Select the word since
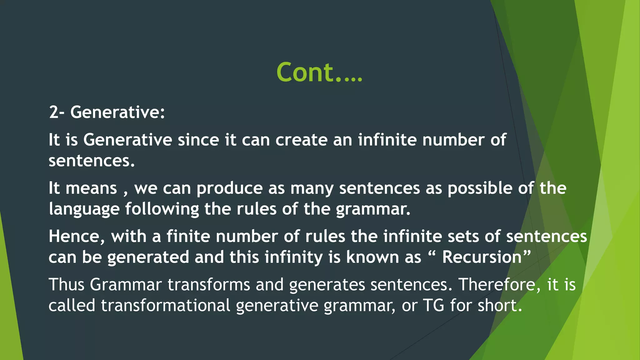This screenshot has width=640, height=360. (198, 140)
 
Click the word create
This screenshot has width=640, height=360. (301, 140)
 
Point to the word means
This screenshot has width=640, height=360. (91, 188)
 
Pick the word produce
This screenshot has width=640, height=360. (229, 189)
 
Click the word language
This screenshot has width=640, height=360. (84, 209)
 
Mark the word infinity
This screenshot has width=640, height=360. (293, 257)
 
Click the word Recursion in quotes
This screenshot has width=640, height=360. (482, 257)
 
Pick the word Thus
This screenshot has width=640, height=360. (66, 285)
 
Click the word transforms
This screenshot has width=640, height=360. (209, 285)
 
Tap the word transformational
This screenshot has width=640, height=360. (166, 305)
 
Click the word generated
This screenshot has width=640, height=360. (148, 257)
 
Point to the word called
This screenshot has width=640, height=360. (72, 305)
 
